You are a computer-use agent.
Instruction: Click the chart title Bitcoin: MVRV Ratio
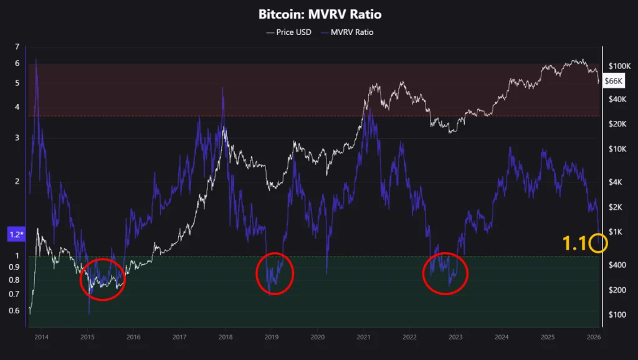(x=320, y=14)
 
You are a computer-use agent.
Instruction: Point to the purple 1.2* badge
(x=16, y=235)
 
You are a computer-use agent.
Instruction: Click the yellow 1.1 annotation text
(x=574, y=244)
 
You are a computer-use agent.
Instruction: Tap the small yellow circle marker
(x=598, y=243)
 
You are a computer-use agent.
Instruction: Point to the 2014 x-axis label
(x=41, y=337)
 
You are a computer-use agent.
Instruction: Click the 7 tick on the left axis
(x=17, y=47)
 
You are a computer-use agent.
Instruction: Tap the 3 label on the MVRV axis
(x=17, y=138)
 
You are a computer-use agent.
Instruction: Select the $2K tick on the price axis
(x=616, y=207)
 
